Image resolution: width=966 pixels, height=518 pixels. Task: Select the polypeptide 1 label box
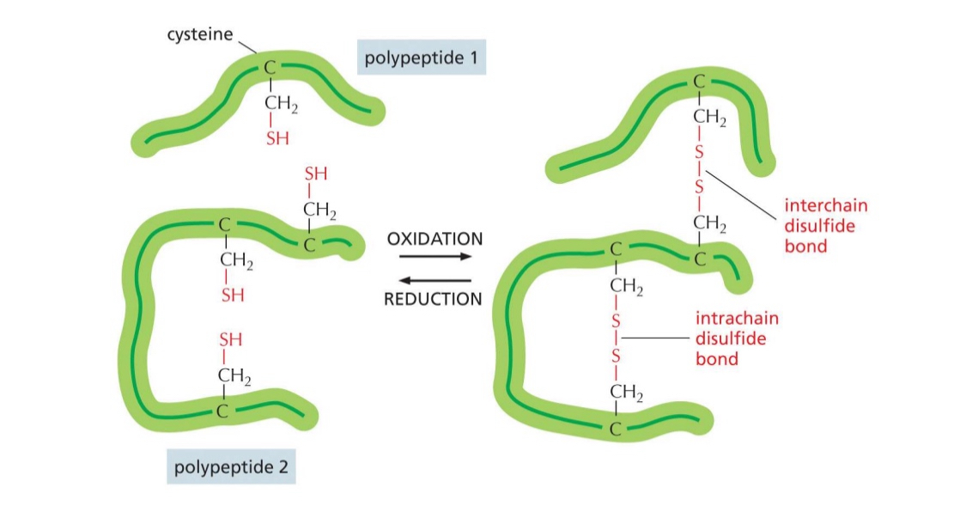click(x=421, y=59)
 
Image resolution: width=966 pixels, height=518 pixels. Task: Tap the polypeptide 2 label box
click(x=231, y=468)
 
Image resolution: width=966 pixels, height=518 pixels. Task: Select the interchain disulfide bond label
click(x=825, y=225)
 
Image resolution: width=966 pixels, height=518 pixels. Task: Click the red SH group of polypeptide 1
click(x=276, y=137)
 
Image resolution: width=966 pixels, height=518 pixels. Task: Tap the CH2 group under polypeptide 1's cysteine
click(x=280, y=107)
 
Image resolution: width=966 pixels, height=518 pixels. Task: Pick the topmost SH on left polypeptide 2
click(x=315, y=174)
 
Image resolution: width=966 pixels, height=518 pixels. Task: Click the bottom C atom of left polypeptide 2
click(x=222, y=411)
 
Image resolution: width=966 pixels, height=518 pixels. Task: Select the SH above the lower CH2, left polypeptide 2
click(x=231, y=339)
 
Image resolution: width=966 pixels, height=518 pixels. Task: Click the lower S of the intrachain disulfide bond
click(x=615, y=354)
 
